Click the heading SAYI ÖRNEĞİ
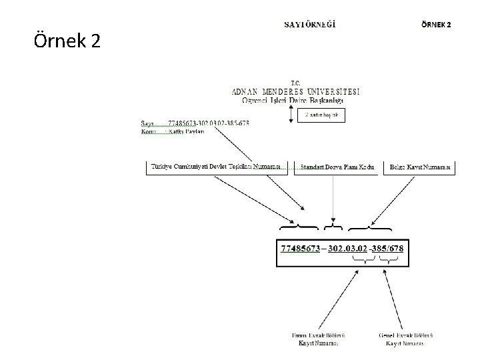[x=310, y=25]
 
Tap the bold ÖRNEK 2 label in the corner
[x=436, y=25]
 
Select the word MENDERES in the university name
[x=292, y=91]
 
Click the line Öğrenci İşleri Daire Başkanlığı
[x=293, y=101]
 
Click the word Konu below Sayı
[x=149, y=131]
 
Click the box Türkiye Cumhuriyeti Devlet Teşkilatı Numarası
[x=215, y=166]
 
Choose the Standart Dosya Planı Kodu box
[x=333, y=166]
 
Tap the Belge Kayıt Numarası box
[x=419, y=166]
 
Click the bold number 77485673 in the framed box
[x=301, y=249]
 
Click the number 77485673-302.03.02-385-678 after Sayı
[x=209, y=123]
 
